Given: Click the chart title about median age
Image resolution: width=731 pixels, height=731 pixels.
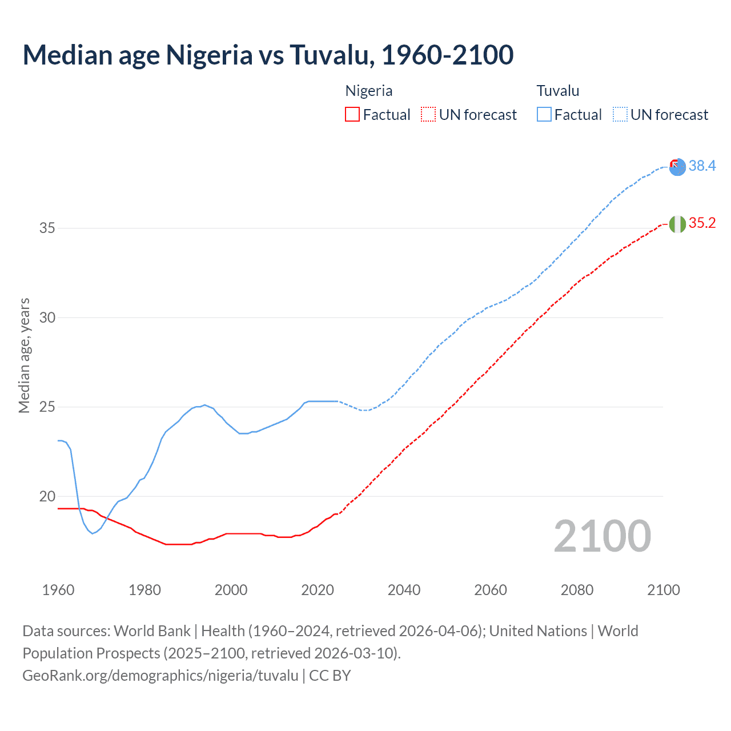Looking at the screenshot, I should coord(268,55).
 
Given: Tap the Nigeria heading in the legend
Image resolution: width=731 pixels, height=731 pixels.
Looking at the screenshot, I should coord(369,91).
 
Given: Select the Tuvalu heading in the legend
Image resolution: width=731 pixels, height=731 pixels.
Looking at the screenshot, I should coord(558,91).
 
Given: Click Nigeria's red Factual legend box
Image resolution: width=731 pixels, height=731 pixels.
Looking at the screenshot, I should coord(352,114).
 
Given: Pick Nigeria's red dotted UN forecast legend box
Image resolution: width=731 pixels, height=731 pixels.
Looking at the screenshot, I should coord(428,114).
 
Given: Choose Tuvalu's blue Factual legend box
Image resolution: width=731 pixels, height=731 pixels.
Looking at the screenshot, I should coord(544,114).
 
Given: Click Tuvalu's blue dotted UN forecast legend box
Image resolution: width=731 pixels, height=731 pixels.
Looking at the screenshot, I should coord(620,114).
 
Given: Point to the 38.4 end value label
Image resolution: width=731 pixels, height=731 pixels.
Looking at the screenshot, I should coord(702,166).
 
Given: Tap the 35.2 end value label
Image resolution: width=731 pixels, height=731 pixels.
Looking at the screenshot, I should coord(702,223).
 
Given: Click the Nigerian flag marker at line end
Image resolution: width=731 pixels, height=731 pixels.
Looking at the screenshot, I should coord(677,224).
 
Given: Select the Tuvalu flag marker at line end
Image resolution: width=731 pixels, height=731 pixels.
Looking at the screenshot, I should coord(677,167).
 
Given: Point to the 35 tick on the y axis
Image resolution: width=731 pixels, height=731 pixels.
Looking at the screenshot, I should coord(47,228).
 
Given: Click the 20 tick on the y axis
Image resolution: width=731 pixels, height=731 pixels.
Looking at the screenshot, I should coord(47,496).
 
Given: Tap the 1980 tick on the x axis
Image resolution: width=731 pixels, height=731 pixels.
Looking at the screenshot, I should coord(144,590).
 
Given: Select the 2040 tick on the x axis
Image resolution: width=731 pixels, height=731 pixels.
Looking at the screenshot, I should coord(404,590).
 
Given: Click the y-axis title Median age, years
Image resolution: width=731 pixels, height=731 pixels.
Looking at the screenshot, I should coord(24,355).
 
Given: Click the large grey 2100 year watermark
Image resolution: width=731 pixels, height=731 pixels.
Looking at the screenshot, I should coord(602,536).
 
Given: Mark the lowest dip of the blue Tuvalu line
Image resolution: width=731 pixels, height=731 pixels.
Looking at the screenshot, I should coord(93,533).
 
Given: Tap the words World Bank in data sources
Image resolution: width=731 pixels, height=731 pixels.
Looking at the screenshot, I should coord(152,631).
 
